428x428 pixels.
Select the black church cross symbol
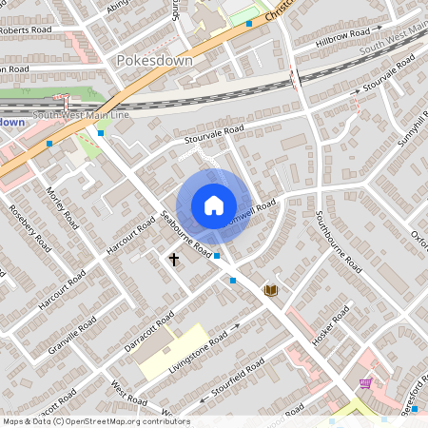click(x=174, y=258)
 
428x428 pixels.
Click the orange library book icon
click(x=271, y=289)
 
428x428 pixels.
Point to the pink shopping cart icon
click(x=365, y=383)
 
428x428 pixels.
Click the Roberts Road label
click(x=27, y=29)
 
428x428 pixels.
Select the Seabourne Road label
click(x=186, y=233)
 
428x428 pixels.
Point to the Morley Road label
click(x=62, y=207)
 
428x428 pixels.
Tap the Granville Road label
click(x=75, y=338)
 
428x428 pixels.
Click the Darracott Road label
click(x=148, y=331)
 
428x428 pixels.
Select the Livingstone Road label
click(x=199, y=351)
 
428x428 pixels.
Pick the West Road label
click(x=128, y=393)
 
